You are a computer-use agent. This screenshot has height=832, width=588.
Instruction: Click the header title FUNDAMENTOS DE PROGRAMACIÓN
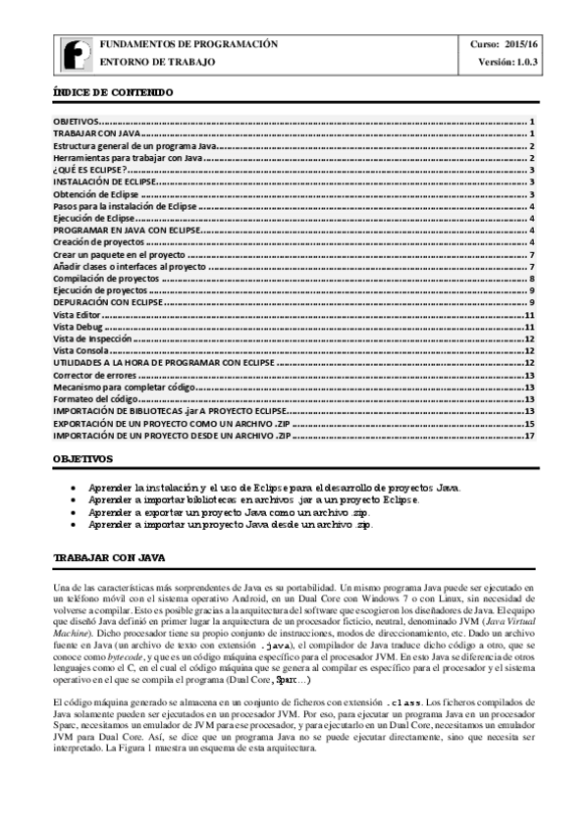click(x=188, y=44)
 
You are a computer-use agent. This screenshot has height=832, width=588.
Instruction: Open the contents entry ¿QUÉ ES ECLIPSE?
click(x=90, y=170)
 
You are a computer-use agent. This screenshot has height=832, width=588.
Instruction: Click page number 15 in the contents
click(x=528, y=422)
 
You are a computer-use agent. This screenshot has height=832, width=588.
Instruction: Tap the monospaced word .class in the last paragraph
click(x=404, y=676)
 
